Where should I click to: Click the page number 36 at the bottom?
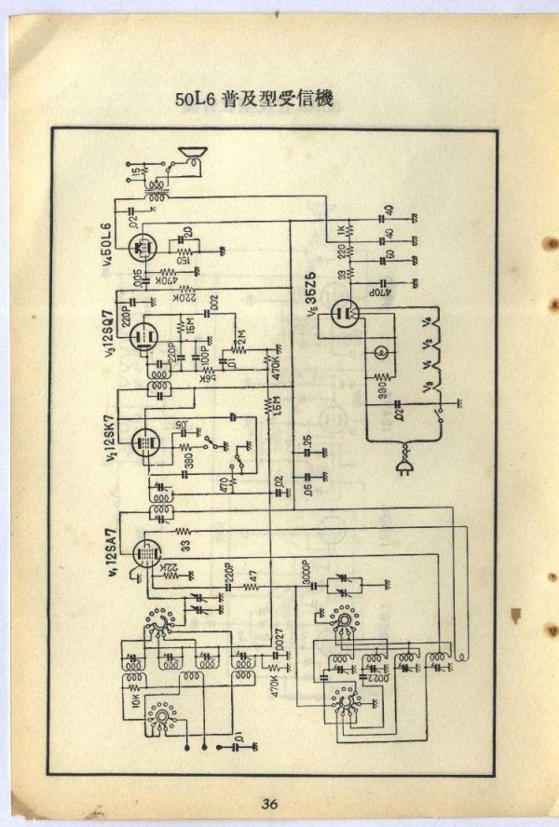coord(270,804)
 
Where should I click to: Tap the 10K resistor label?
coord(134,696)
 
